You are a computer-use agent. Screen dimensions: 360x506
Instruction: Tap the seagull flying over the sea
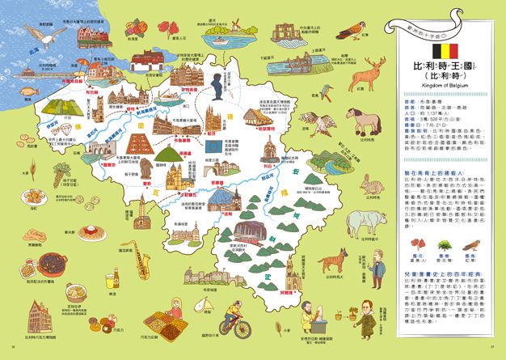pyautogui.click(x=51, y=35)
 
